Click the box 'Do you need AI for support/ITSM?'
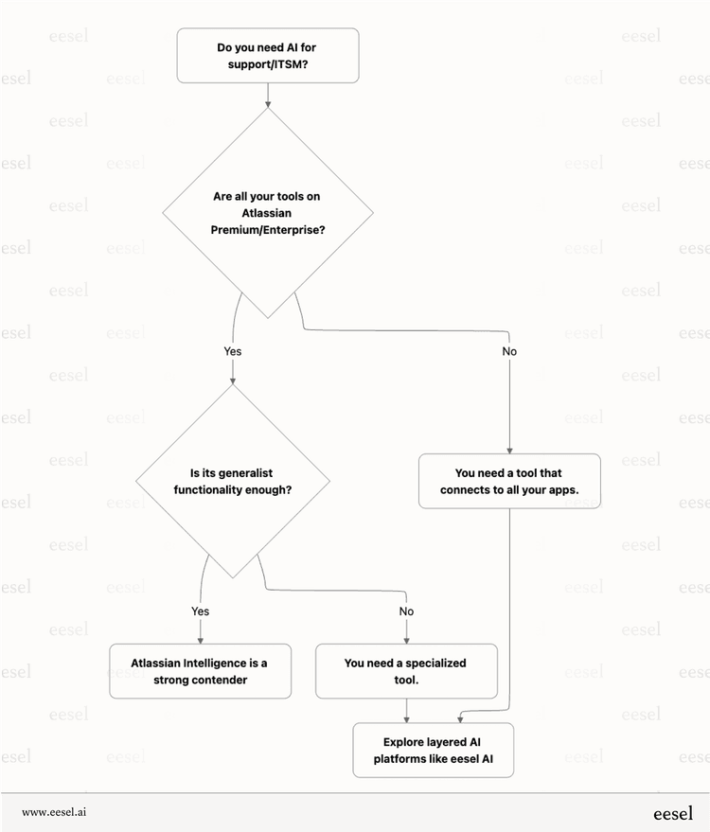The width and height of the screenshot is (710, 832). pyautogui.click(x=268, y=55)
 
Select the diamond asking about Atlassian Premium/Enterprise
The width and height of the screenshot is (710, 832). pyautogui.click(x=268, y=213)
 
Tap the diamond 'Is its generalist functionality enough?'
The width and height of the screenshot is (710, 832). pyautogui.click(x=232, y=481)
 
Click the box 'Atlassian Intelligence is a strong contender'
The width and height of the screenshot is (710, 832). pyautogui.click(x=200, y=671)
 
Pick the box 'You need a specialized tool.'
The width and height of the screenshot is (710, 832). pyautogui.click(x=406, y=671)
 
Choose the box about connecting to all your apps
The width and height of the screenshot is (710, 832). pyautogui.click(x=510, y=481)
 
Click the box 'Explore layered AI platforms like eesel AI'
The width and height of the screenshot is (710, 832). pyautogui.click(x=434, y=751)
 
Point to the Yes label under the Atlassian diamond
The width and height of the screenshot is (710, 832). pyautogui.click(x=232, y=351)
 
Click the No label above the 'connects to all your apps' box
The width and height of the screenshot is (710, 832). pyautogui.click(x=509, y=351)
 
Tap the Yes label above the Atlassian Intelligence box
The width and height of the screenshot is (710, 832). pyautogui.click(x=200, y=611)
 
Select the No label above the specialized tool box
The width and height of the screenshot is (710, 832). pyautogui.click(x=406, y=611)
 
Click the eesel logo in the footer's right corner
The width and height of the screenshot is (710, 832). pyautogui.click(x=672, y=812)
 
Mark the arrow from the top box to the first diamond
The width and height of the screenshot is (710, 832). pyautogui.click(x=268, y=94)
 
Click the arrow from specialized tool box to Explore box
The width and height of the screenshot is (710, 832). pyautogui.click(x=406, y=711)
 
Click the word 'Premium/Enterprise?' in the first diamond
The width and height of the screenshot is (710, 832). pyautogui.click(x=268, y=230)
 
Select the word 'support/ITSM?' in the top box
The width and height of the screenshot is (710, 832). pyautogui.click(x=268, y=63)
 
